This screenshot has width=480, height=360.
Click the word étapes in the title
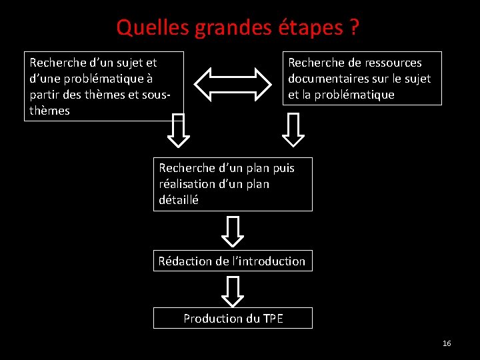(308, 27)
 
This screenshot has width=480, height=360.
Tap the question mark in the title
(354, 27)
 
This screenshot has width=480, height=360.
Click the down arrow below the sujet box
(178, 129)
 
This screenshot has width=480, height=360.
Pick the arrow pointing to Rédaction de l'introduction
(233, 231)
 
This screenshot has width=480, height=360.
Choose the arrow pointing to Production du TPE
(233, 291)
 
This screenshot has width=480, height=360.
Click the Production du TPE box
(233, 318)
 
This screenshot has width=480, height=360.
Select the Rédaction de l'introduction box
(233, 261)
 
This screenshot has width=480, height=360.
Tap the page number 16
(447, 343)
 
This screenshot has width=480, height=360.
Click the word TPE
(272, 319)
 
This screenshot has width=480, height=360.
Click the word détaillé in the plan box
(179, 199)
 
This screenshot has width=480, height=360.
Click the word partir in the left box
(45, 95)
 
